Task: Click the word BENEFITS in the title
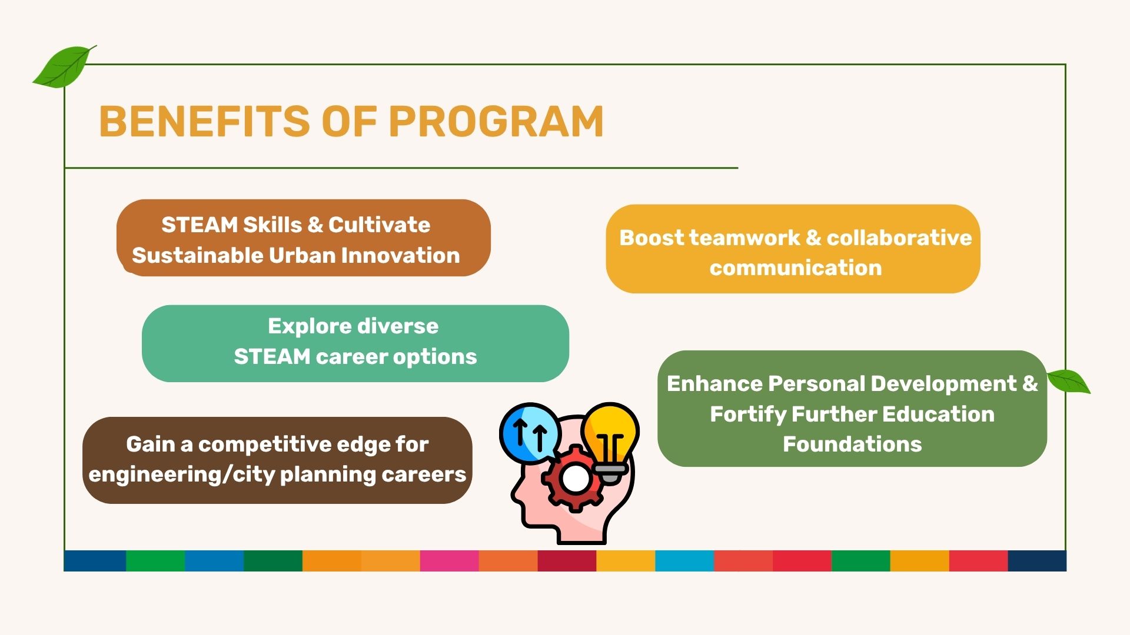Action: pos(205,122)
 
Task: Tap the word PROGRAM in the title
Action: pos(496,122)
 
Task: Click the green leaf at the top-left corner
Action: pos(64,66)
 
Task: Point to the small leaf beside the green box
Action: pos(1069,381)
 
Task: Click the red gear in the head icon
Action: pos(574,478)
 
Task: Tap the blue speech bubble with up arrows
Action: pos(530,433)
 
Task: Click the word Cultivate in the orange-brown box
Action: pos(379,225)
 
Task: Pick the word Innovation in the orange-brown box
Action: pos(400,255)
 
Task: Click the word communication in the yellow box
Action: pos(796,268)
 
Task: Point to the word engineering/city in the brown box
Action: pos(182,474)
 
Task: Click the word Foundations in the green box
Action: pos(852,444)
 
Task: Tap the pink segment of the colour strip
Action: pos(450,561)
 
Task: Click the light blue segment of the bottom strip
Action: pos(684,561)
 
